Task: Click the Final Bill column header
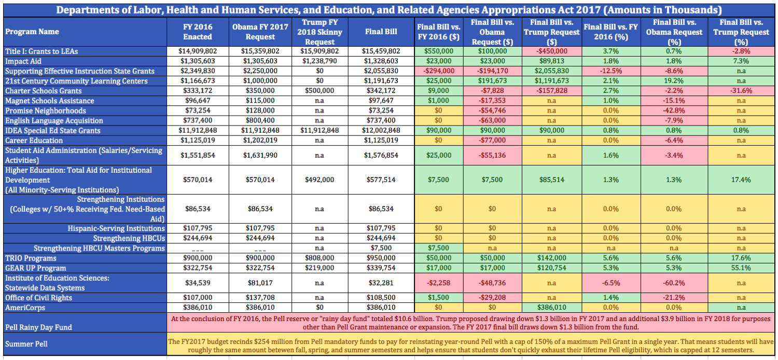(381, 32)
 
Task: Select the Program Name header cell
(85, 32)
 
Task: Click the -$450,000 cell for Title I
(551, 51)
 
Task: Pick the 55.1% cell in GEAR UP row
(741, 268)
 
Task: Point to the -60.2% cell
(674, 283)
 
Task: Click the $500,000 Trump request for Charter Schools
(319, 91)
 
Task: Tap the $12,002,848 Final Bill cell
(381, 130)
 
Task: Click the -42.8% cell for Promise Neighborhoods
(674, 110)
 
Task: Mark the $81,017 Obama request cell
(260, 283)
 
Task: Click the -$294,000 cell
(439, 71)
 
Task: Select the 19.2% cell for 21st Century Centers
(674, 81)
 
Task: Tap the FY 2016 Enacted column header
(198, 32)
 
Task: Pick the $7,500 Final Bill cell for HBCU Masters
(381, 248)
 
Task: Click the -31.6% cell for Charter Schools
(741, 91)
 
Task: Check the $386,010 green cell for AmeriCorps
(551, 308)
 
